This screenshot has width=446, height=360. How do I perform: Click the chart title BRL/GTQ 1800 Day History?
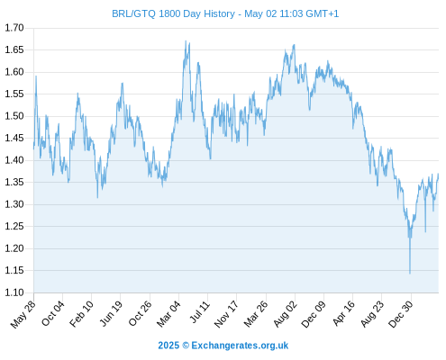coord(173,13)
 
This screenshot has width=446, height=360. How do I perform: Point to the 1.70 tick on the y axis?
coord(14,28)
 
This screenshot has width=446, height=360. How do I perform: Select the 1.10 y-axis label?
coord(14,292)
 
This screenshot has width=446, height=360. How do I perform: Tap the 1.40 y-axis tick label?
coord(14,160)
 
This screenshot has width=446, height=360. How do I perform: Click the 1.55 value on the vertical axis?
coord(14,94)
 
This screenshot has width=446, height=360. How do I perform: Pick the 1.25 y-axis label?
coord(14,227)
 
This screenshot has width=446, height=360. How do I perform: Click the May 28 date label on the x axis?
coord(23,314)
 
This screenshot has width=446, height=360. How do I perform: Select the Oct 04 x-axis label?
coord(53,313)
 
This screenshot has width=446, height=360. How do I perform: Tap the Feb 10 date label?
coord(82,313)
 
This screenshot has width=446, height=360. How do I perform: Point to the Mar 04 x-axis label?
coord(168,313)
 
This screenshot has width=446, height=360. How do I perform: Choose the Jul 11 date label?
coord(200,312)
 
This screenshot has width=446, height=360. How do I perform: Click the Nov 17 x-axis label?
coord(226,313)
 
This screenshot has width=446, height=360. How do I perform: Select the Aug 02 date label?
coord(286,313)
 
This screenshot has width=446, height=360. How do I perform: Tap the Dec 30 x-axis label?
coord(401,313)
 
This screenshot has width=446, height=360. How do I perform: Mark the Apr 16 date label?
coord(344,313)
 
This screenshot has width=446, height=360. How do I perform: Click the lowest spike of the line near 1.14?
coord(410,274)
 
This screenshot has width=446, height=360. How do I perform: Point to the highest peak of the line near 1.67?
coord(186,41)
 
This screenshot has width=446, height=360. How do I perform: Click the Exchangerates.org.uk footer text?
coord(240,346)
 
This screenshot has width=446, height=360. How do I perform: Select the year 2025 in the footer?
coord(168,346)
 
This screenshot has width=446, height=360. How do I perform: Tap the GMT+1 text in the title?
coord(322,13)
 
